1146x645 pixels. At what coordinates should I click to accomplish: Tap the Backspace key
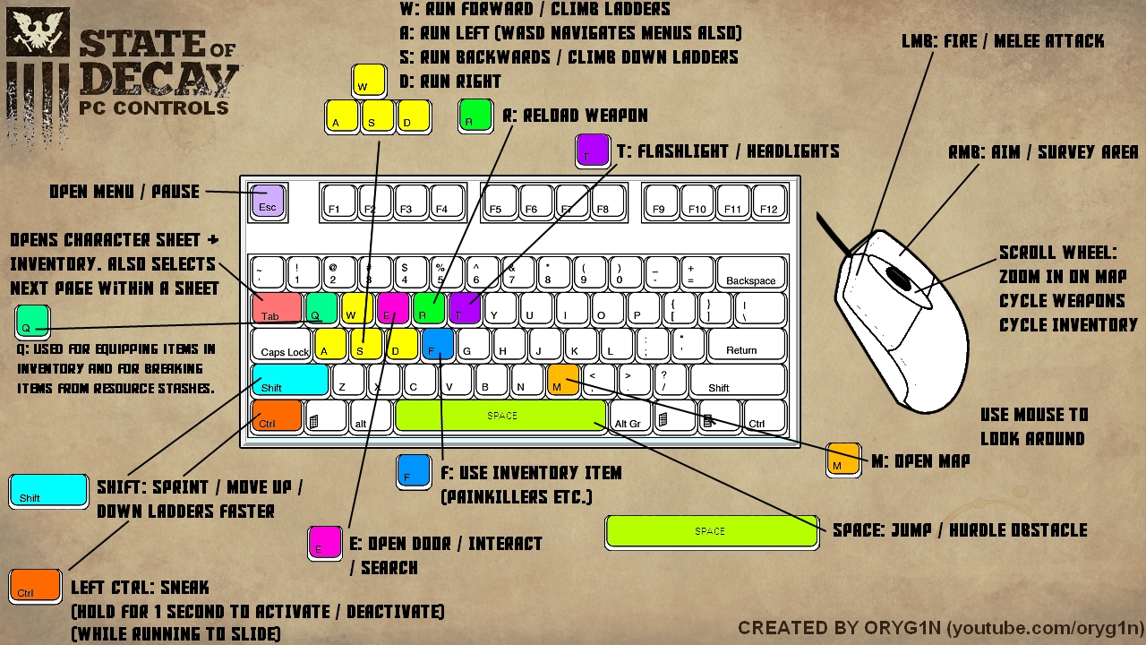tap(750, 273)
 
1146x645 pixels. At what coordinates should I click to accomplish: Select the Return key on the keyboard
tap(740, 344)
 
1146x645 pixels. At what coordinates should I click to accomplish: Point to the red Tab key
tap(276, 309)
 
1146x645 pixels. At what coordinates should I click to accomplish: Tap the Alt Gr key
tap(628, 417)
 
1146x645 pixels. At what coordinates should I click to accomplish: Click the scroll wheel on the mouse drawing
tap(899, 279)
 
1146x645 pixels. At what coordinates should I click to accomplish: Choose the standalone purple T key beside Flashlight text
tap(593, 150)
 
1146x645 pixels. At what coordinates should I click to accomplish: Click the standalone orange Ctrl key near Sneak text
tap(35, 585)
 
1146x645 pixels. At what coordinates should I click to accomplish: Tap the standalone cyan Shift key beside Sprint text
tap(48, 491)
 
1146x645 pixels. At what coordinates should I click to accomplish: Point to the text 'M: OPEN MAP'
tap(919, 461)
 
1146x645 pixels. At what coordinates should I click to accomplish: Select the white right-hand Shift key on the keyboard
tap(736, 380)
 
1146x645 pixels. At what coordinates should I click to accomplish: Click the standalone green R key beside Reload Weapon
tap(475, 116)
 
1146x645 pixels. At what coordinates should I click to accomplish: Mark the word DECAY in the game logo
tap(158, 78)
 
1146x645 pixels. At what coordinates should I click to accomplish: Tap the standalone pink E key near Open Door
tap(325, 542)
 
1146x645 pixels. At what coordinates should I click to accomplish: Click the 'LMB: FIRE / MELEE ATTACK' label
tap(1003, 41)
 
